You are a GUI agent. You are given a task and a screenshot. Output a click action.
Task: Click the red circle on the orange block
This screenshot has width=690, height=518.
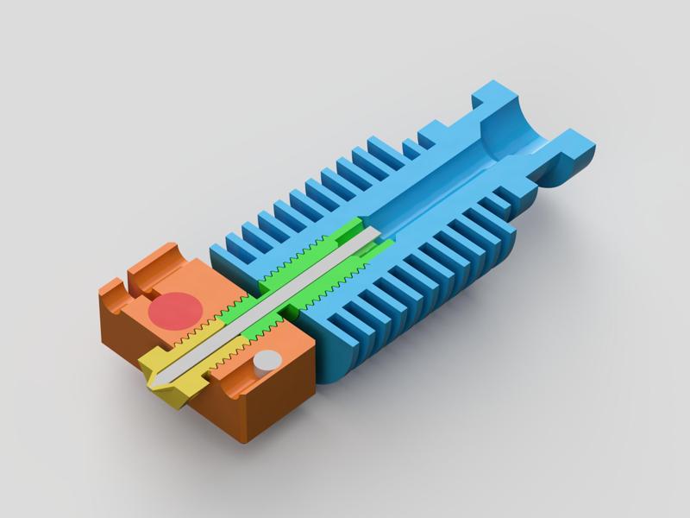175,309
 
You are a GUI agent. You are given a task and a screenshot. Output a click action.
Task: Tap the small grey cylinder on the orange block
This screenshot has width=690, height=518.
267,361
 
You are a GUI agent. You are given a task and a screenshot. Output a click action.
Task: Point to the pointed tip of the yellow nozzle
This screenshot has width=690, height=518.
156,379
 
